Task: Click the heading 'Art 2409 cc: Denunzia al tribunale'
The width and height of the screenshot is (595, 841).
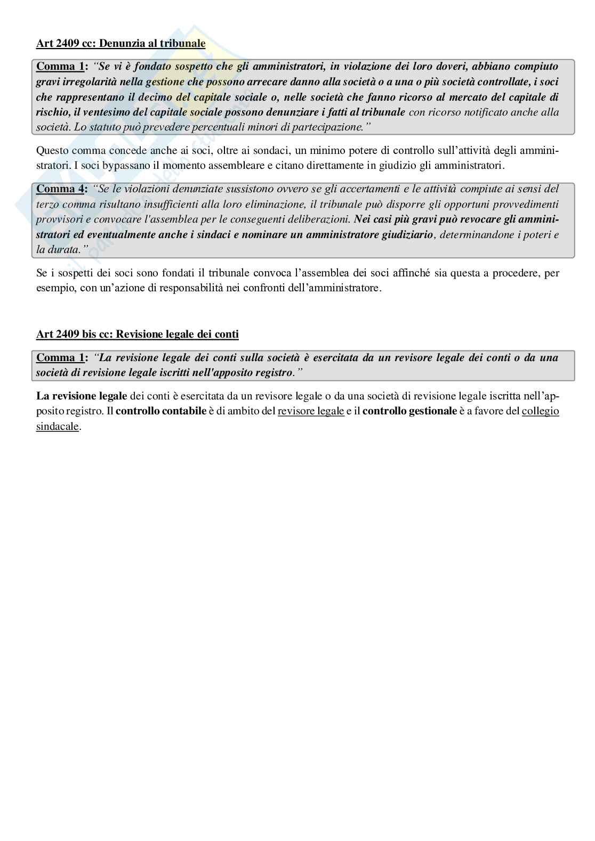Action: pos(120,43)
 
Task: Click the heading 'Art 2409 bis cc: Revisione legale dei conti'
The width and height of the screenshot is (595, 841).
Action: pos(137,334)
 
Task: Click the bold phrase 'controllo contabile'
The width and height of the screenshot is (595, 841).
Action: pos(161,411)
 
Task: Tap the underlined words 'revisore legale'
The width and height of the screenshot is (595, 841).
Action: pos(311,411)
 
